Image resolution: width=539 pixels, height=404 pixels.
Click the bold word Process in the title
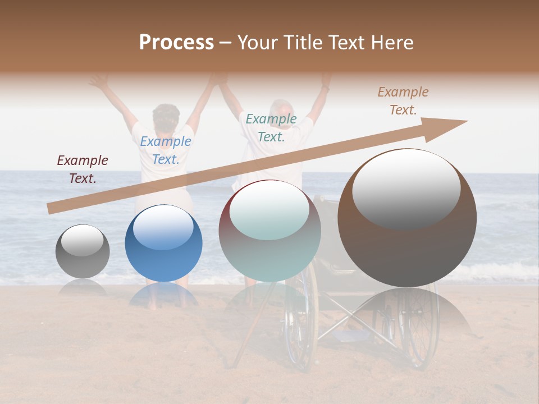176,43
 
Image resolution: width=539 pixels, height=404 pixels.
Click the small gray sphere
83,251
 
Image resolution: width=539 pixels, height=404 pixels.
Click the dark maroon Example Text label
83,169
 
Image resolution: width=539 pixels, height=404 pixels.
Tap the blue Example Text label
166,150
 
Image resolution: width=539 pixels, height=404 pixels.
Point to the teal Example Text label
271,127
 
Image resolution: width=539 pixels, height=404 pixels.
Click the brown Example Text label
403,100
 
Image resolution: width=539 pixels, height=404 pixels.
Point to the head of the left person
166,117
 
